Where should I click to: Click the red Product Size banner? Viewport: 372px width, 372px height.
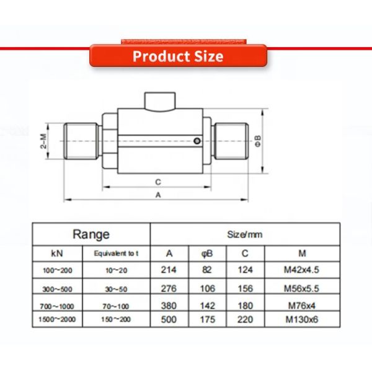coord(178,56)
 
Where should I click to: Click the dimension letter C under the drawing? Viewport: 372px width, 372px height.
coord(158,182)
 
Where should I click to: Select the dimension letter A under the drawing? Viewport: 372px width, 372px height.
coord(158,194)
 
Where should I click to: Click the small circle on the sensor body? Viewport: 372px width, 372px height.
coord(197,142)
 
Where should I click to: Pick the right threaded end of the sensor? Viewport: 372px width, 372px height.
coord(231,142)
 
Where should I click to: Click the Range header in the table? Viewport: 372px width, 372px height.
coord(91,234)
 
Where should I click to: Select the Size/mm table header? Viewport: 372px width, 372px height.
coord(245,234)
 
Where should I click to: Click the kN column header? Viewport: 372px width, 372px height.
coord(57,254)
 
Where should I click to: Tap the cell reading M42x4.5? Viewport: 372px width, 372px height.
coord(302,270)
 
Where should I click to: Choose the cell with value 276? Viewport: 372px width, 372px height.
coord(169,288)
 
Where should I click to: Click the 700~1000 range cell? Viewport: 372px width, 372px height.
coord(57,306)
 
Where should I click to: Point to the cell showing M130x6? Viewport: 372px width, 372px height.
coord(302,320)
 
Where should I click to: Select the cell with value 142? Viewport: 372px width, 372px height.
coord(208,306)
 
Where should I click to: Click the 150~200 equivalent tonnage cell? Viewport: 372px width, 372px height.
coord(117,320)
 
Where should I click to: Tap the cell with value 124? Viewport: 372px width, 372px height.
coord(246,270)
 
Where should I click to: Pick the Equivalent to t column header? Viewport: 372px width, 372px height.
coord(117,254)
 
